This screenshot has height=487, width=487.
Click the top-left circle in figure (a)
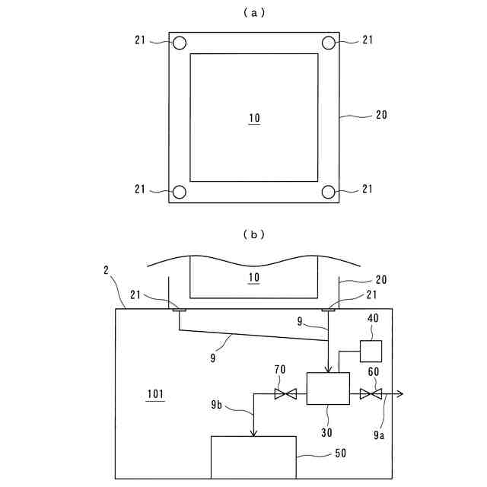(x=179, y=43)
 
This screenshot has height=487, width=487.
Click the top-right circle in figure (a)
(x=329, y=43)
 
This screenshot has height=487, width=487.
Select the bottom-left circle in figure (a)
(x=179, y=192)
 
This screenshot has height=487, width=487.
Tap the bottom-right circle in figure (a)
(x=329, y=192)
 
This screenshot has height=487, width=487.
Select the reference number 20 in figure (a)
(x=381, y=116)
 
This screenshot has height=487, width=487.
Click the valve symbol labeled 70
(x=287, y=394)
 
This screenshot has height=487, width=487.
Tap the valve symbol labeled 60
(x=371, y=394)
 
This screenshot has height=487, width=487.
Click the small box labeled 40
(x=371, y=351)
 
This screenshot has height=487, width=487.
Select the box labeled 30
(x=327, y=388)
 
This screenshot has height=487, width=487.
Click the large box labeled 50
(x=253, y=457)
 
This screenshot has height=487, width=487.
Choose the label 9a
(x=378, y=435)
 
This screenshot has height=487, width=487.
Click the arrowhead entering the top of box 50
(x=253, y=433)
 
